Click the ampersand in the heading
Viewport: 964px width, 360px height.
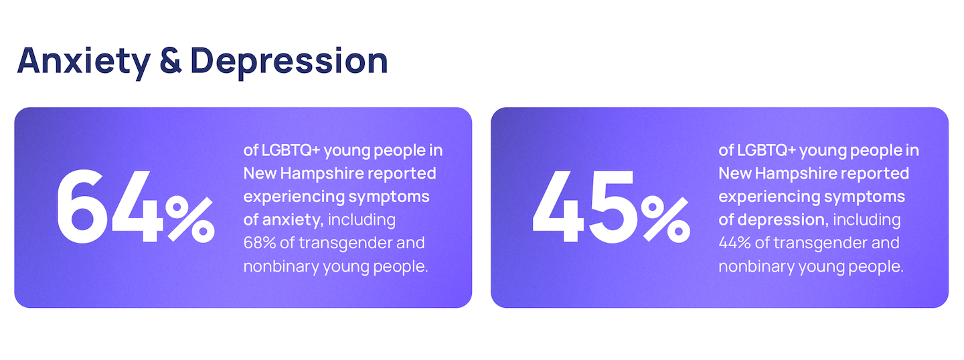point(171,61)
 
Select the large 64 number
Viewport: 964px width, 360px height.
point(110,206)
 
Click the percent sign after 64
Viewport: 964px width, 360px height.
point(190,219)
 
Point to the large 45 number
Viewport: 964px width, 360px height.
point(584,206)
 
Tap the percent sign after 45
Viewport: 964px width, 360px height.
point(665,219)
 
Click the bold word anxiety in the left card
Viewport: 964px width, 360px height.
point(293,220)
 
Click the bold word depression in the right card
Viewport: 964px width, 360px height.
point(783,219)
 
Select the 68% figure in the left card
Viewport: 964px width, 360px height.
point(259,243)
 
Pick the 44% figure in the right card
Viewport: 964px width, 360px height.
point(734,243)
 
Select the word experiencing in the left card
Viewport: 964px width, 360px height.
point(294,197)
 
